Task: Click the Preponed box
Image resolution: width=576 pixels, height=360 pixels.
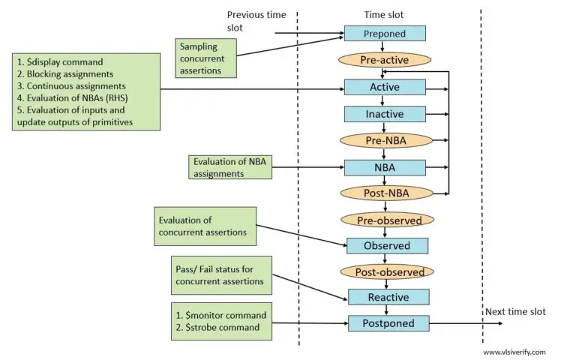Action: coord(385,34)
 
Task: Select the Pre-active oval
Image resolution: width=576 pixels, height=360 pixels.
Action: coord(385,60)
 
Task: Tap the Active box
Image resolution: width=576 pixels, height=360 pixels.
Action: coord(385,87)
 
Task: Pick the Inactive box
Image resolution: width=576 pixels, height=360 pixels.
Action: coord(385,114)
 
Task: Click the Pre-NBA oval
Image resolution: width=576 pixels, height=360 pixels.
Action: coord(385,140)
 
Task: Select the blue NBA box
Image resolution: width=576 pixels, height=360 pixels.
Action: coord(385,166)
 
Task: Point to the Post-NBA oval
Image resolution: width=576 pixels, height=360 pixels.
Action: coord(385,193)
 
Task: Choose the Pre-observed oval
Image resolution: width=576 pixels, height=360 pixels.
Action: coord(387,220)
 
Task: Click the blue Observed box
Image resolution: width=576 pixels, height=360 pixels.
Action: coord(387,246)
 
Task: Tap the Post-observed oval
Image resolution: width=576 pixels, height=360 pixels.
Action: coord(387,271)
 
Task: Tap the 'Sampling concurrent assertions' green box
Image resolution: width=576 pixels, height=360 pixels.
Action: coord(207,58)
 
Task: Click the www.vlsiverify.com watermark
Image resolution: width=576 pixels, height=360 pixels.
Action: coord(514,351)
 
